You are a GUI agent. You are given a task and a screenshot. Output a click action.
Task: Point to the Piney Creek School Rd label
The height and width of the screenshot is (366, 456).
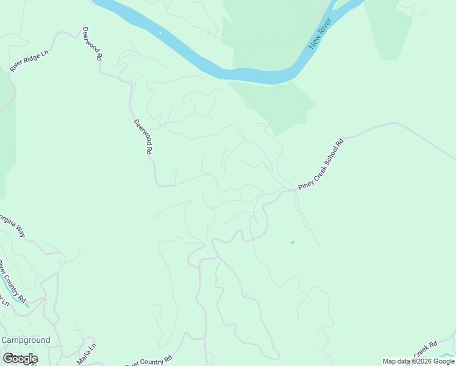[321, 165]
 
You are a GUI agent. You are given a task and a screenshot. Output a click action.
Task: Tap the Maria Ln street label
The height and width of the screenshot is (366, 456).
[87, 354]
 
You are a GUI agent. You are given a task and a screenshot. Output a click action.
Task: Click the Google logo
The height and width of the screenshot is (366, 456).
[20, 359]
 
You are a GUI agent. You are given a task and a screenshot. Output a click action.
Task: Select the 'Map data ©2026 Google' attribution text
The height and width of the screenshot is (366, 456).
[418, 361]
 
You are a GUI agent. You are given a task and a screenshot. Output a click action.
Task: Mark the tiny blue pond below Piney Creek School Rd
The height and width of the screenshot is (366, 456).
[293, 243]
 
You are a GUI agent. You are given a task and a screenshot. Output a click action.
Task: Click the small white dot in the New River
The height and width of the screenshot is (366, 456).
[160, 32]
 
